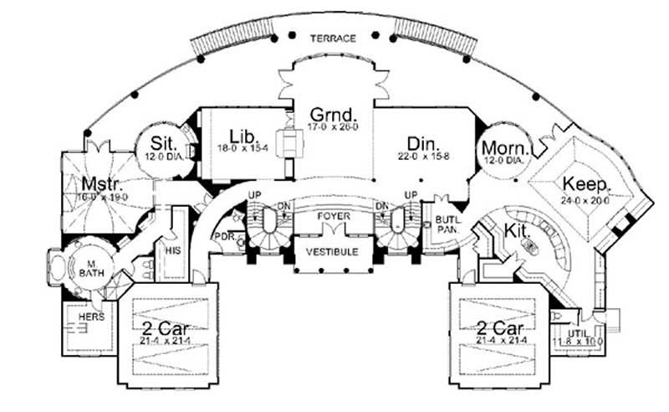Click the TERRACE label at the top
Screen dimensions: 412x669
334,39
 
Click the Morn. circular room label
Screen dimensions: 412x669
503,147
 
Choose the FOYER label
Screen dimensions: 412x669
334,217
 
